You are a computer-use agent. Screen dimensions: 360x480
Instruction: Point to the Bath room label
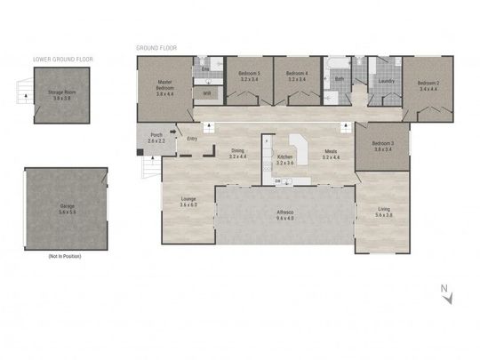tap(339, 79)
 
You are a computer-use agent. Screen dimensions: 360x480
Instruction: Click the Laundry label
tap(386, 81)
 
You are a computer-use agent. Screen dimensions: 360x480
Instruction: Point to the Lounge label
tap(188, 200)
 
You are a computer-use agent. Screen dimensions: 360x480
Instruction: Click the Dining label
tap(238, 151)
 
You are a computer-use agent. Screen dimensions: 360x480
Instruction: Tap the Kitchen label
tap(284, 157)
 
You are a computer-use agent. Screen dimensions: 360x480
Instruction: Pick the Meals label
tap(330, 151)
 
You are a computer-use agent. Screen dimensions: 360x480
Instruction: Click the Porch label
tap(156, 136)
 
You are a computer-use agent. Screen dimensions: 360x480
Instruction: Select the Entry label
tap(191, 138)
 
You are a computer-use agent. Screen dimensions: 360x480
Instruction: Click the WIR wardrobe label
tap(207, 92)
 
